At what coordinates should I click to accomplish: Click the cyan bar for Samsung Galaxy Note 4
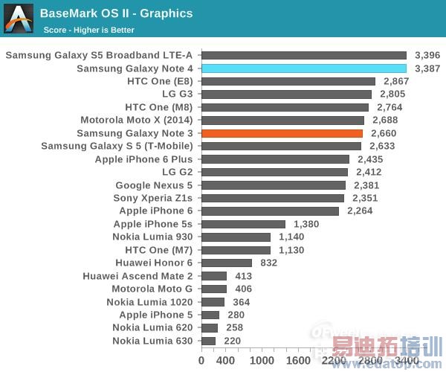[303, 68]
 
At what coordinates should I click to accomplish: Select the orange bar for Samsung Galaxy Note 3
[282, 133]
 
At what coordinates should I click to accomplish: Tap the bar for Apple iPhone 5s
[243, 224]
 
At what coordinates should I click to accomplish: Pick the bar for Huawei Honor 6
[226, 263]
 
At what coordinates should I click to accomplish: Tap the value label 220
[233, 341]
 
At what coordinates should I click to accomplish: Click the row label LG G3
[177, 94]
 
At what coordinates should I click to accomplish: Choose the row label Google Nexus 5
[153, 185]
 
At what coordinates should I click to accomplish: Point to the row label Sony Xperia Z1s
[152, 198]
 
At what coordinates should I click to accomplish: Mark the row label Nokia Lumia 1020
[149, 302]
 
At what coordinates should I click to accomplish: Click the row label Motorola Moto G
[152, 289]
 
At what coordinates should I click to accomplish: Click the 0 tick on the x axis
[201, 360]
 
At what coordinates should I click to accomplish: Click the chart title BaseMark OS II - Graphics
[116, 13]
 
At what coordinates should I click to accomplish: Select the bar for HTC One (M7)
[236, 250]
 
